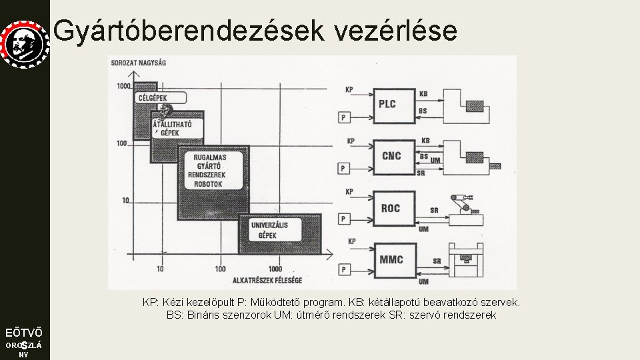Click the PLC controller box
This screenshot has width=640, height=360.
(388, 104)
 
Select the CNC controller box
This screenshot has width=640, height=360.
(392, 156)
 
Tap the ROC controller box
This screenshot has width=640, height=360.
(391, 208)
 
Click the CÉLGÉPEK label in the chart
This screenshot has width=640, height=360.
(152, 98)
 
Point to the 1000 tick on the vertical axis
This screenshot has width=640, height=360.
(123, 87)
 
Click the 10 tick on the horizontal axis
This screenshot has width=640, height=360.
(160, 269)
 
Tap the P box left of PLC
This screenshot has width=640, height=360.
(343, 117)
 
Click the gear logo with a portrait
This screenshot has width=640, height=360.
(24, 44)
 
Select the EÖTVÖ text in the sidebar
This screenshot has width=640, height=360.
(24, 332)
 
